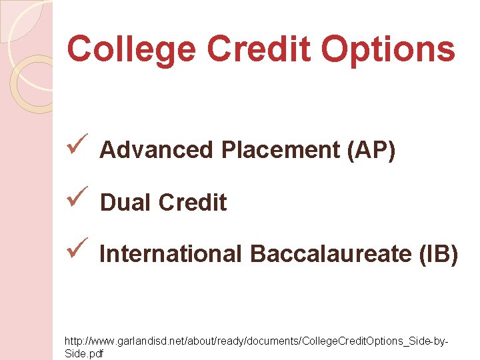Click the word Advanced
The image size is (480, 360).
(x=155, y=151)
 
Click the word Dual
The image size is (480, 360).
(x=125, y=203)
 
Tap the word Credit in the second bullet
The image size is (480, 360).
(x=193, y=203)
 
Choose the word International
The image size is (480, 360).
(x=171, y=254)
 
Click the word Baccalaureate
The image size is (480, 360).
(x=323, y=254)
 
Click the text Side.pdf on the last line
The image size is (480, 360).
(x=84, y=353)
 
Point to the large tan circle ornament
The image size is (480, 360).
(x=37, y=83)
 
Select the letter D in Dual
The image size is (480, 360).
(x=108, y=203)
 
